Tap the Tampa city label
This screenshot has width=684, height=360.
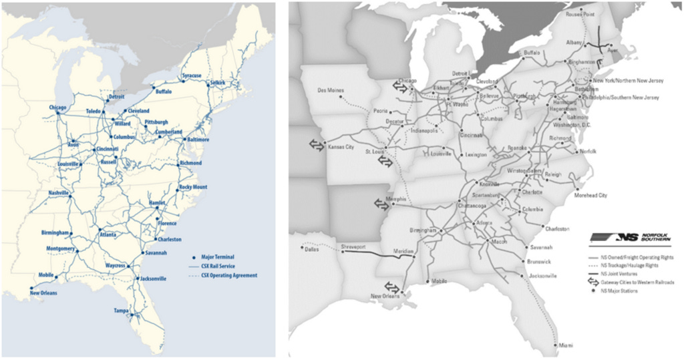(121, 311)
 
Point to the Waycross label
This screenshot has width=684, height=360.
(116, 265)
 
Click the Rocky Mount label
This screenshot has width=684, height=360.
(194, 188)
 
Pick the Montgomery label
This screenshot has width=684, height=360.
(61, 248)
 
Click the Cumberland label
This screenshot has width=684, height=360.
(168, 132)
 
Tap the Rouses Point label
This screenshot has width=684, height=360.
(579, 13)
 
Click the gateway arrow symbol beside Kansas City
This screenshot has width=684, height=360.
(315, 144)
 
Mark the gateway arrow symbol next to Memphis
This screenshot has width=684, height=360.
(381, 204)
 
